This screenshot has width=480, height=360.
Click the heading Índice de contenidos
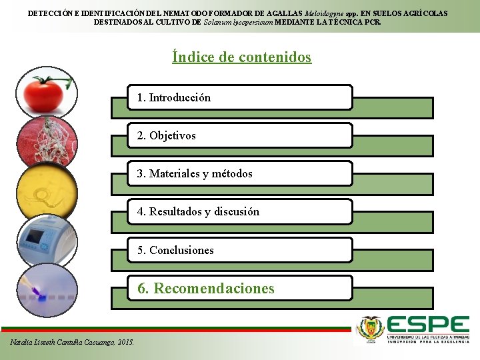pos(241,57)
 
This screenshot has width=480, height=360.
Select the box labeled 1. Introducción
pos(240,97)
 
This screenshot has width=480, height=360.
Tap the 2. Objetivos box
pos(240,135)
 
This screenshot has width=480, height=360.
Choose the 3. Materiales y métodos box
pos(240,173)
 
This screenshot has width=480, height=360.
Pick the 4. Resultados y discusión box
pos(240,212)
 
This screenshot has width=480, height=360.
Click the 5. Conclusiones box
pos(240,250)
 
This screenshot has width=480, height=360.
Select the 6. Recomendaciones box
pos(240,288)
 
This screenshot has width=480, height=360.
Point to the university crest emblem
pos(371,329)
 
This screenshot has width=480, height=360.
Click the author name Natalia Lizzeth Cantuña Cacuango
pos(63,342)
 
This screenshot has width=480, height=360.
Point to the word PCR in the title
pos(373,22)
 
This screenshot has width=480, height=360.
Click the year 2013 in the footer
pos(125,342)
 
